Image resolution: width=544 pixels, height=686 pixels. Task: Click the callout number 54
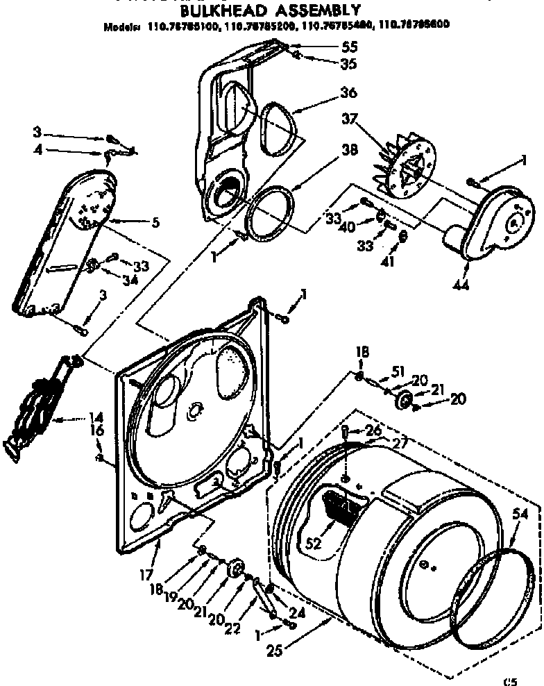tap(520, 514)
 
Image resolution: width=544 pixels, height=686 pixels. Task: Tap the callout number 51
tap(397, 371)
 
